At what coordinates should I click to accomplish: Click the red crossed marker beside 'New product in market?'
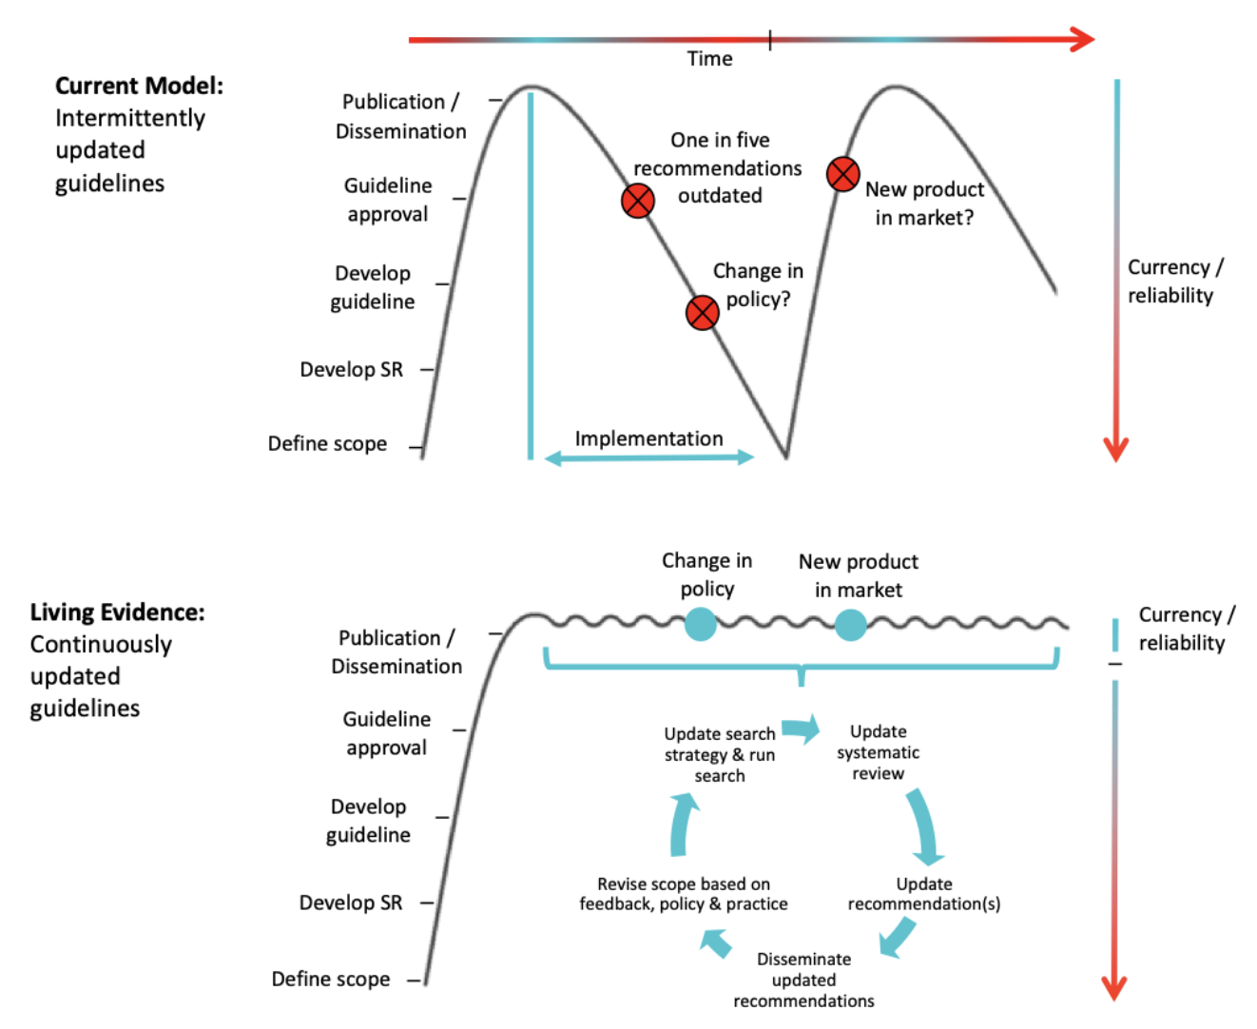pos(842,174)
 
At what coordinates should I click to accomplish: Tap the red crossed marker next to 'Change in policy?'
pos(702,312)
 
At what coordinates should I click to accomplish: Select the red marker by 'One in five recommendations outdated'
pos(637,201)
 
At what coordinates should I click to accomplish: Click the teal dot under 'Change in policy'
pos(700,624)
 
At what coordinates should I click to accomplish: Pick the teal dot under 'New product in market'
pos(850,624)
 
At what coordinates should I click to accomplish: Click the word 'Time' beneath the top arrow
pos(709,59)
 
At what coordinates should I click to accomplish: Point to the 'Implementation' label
pos(648,438)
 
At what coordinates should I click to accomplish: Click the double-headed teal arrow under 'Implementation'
pos(649,458)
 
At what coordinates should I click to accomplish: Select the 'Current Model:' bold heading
pos(139,86)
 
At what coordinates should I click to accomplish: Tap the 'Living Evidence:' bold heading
pos(117,612)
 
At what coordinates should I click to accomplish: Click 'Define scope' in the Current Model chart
pos(327,444)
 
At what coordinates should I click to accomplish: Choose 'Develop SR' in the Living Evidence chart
pos(350,903)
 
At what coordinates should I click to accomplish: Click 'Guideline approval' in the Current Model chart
pos(388,200)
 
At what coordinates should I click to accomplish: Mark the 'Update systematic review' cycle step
pos(878,752)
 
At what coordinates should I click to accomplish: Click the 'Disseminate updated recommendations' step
pos(803,980)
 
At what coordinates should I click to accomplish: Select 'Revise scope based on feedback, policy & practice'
pos(684,894)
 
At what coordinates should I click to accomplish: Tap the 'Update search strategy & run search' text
pos(720,754)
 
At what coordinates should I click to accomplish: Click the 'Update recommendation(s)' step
pos(923,894)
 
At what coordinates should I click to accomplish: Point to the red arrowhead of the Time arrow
pos(1082,39)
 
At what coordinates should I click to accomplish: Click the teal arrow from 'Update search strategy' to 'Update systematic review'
pos(801,729)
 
